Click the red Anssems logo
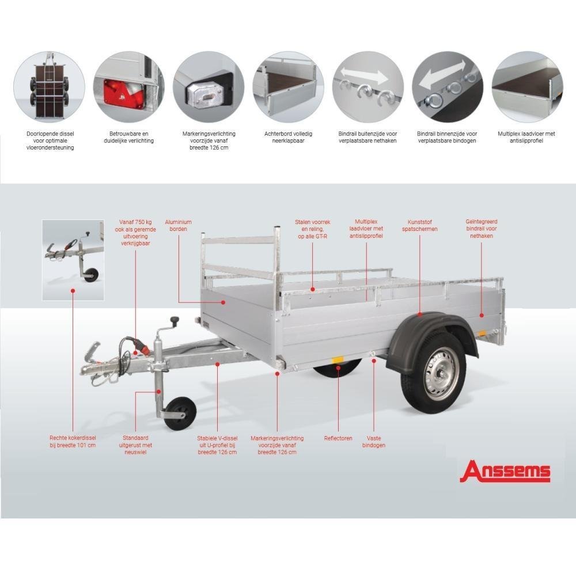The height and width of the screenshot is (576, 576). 505,471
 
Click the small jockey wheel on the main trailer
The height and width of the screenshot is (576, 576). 180,413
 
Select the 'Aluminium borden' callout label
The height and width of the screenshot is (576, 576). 178,226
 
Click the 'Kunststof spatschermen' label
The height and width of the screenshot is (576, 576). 420,226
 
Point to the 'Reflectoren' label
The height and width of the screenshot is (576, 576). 338,438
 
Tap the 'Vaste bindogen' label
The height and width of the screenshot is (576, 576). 374,442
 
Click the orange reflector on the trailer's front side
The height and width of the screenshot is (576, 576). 337,359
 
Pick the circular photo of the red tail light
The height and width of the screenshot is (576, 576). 128,87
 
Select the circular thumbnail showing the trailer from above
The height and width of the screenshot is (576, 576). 49,87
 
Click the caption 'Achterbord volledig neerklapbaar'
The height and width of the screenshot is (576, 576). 289,137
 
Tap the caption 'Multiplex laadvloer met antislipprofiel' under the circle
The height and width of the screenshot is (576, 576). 526,137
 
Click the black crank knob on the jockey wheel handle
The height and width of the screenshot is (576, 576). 175,321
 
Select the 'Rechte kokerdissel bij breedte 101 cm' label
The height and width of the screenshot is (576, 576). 73,442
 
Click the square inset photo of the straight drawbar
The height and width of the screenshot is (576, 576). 73,260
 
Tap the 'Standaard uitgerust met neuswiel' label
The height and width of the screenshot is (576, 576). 135,445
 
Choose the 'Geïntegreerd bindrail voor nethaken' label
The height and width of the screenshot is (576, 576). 481,229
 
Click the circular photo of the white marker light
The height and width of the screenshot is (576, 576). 209,87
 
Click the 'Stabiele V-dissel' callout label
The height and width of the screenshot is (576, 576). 217,438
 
